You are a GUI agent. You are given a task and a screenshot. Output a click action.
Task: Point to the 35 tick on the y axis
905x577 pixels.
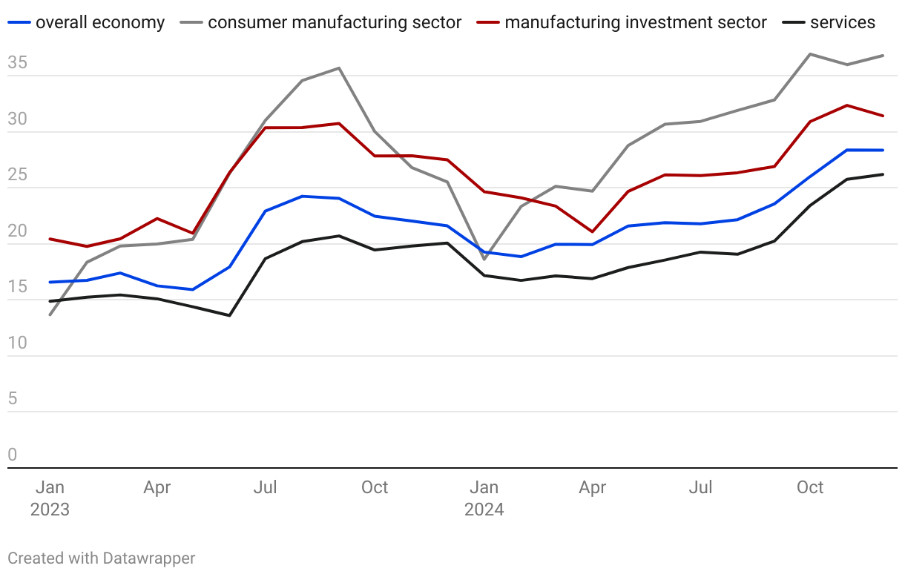(x=17, y=64)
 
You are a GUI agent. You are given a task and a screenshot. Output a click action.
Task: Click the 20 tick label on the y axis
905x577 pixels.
(x=17, y=231)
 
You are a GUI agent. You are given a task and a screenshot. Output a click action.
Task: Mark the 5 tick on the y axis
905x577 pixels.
(x=12, y=399)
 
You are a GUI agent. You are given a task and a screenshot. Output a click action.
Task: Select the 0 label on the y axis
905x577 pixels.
(x=12, y=455)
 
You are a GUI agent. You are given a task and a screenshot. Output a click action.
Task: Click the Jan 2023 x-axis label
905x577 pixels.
(x=50, y=498)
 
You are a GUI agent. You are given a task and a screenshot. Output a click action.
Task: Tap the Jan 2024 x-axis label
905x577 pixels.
(x=484, y=498)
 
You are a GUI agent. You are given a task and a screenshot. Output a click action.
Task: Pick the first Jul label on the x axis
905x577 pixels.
(x=266, y=487)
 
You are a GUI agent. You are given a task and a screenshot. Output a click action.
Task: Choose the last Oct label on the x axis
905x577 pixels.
(x=810, y=487)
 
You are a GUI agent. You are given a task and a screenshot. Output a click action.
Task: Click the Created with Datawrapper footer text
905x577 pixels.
(x=102, y=558)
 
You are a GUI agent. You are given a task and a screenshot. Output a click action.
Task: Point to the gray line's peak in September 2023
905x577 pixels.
(x=339, y=68)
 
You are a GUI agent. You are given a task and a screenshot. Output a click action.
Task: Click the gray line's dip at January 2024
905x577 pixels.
(x=484, y=260)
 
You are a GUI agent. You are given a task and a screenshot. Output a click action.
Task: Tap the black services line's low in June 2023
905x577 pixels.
(x=230, y=315)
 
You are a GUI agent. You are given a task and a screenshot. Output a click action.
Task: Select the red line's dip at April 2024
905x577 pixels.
(x=593, y=232)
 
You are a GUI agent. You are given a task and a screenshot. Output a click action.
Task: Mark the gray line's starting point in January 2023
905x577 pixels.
(x=50, y=315)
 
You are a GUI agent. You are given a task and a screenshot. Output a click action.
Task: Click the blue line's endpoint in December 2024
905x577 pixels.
(x=883, y=151)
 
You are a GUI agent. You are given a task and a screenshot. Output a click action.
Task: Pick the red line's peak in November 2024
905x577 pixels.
(x=846, y=105)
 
